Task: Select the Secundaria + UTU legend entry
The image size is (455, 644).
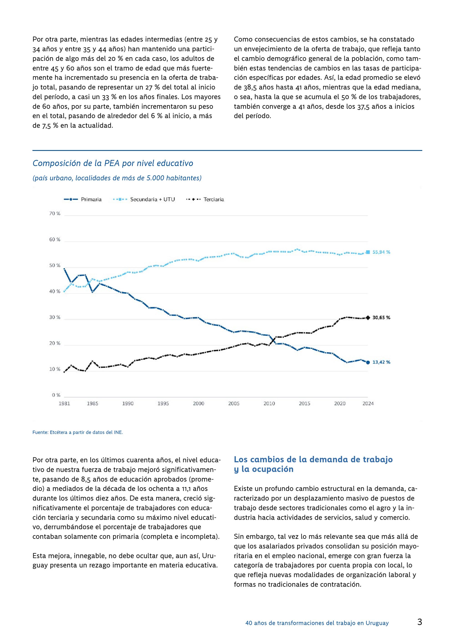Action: pyautogui.click(x=144, y=199)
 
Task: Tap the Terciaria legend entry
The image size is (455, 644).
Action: pyautogui.click(x=205, y=199)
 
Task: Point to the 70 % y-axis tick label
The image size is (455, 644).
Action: pyautogui.click(x=55, y=213)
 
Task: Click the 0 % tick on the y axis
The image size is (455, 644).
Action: pyautogui.click(x=56, y=395)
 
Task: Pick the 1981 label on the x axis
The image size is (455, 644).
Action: pyautogui.click(x=64, y=403)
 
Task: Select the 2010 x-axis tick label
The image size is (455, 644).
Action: pyautogui.click(x=269, y=403)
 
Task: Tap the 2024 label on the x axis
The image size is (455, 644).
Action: pyautogui.click(x=368, y=403)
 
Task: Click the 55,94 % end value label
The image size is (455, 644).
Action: pyautogui.click(x=381, y=252)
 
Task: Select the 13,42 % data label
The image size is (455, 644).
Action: pyautogui.click(x=381, y=362)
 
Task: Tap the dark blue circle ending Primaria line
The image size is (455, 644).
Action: pyautogui.click(x=368, y=362)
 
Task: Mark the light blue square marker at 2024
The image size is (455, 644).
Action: pyautogui.click(x=368, y=252)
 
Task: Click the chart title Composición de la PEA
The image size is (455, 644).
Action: pyautogui.click(x=113, y=163)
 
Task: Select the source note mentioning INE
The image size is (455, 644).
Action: pyautogui.click(x=78, y=432)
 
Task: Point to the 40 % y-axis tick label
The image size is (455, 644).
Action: pyautogui.click(x=55, y=291)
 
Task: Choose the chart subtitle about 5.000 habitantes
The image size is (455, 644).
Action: pyautogui.click(x=117, y=178)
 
